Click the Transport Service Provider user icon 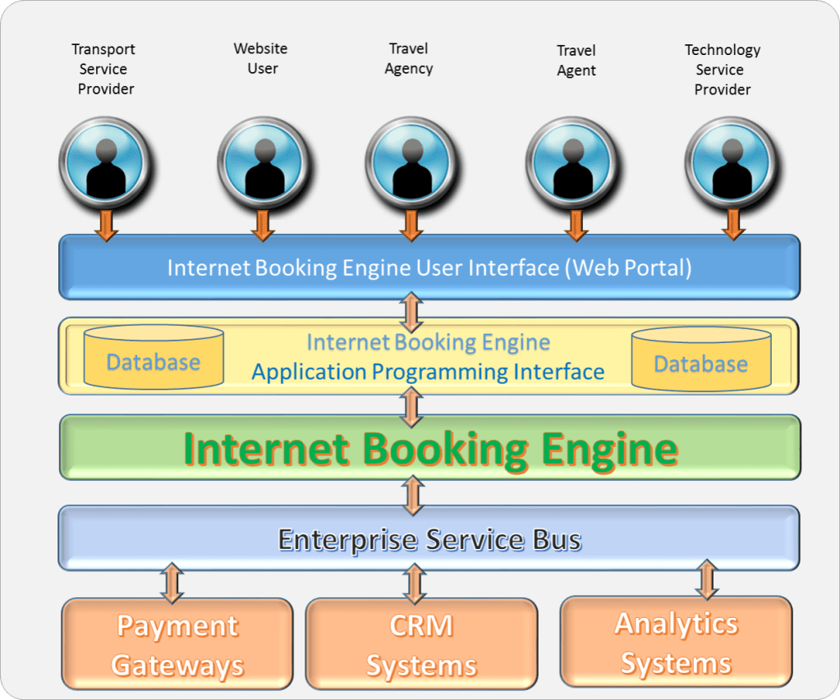104,162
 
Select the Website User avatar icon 263,162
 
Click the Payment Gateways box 177,644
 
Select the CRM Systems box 421,644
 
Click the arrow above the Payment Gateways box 172,582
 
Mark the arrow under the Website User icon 263,224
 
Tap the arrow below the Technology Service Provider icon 733,223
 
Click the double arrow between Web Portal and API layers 411,311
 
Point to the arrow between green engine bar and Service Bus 411,494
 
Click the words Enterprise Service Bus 429,540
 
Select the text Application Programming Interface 428,372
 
